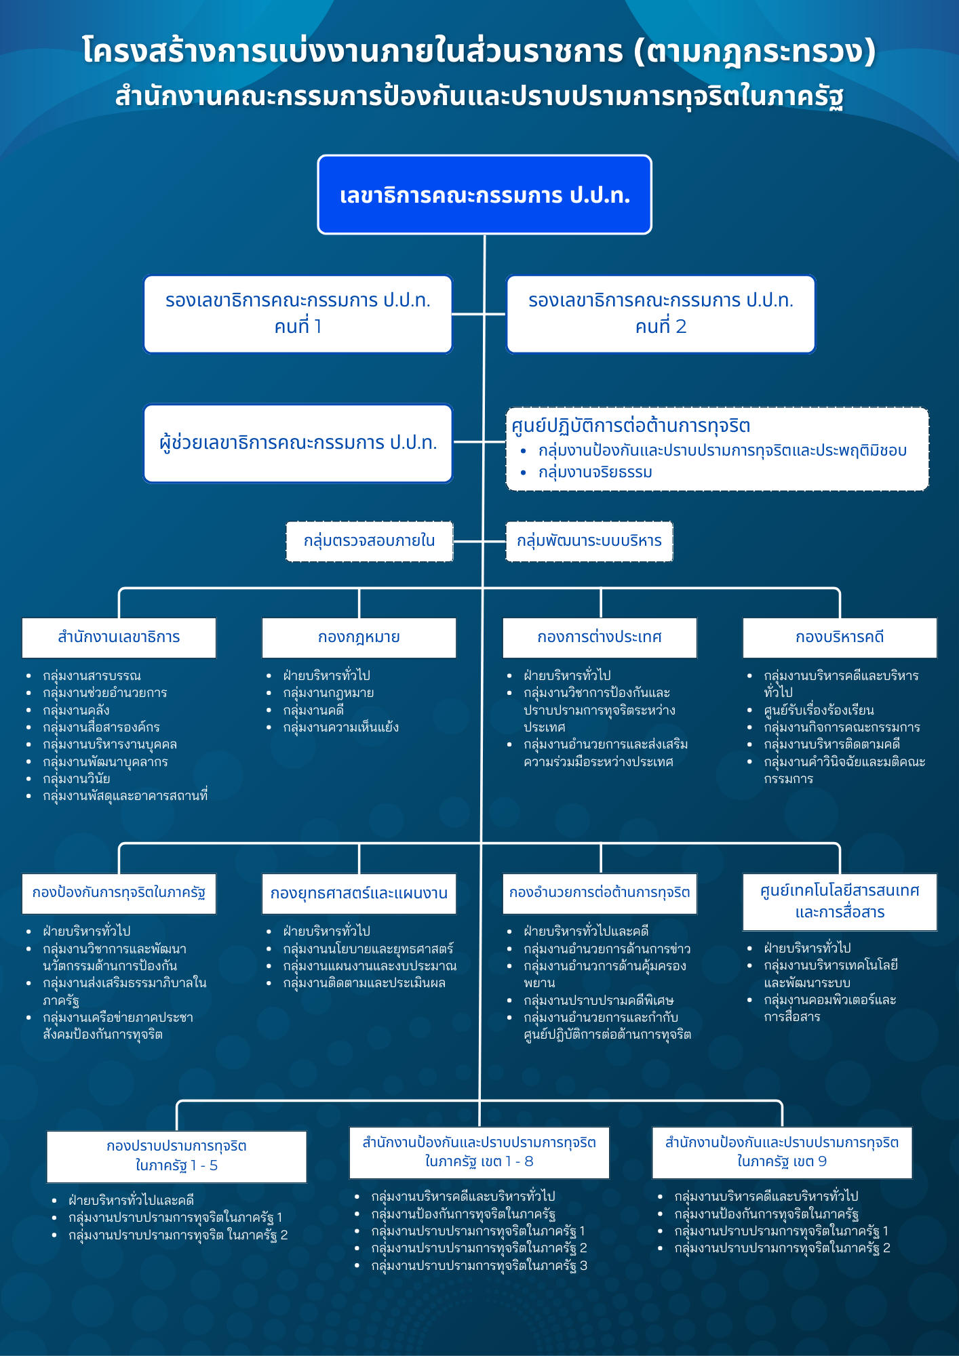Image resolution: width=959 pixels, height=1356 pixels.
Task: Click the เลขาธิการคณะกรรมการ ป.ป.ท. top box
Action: click(484, 195)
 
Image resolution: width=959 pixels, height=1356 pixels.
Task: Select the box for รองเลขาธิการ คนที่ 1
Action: click(298, 314)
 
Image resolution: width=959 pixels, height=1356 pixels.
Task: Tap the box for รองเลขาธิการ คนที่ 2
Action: click(661, 314)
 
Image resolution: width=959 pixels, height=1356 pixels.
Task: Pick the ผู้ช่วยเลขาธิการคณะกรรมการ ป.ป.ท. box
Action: click(298, 443)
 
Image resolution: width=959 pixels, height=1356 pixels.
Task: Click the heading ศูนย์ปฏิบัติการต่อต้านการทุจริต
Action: click(631, 426)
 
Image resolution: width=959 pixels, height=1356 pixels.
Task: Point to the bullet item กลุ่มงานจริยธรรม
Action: click(595, 472)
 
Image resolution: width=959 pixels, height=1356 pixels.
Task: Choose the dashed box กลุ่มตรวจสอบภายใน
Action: click(369, 541)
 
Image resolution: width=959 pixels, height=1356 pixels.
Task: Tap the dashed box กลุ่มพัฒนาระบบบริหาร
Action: click(589, 541)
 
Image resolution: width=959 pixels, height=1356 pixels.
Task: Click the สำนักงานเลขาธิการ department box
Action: click(119, 637)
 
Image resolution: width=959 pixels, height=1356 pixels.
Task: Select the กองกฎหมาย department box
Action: click(359, 637)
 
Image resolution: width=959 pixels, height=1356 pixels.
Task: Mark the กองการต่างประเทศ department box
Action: click(600, 637)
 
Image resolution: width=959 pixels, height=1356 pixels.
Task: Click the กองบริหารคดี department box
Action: click(840, 637)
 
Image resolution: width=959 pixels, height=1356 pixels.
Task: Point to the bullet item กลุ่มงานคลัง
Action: click(76, 710)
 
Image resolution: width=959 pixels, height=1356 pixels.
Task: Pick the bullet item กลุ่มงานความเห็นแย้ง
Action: click(340, 727)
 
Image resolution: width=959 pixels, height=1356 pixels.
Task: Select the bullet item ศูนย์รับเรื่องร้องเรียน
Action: click(819, 710)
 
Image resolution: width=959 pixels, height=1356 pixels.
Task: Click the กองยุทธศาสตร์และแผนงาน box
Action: click(359, 893)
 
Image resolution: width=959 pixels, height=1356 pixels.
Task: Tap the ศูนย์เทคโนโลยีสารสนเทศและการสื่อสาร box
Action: click(840, 901)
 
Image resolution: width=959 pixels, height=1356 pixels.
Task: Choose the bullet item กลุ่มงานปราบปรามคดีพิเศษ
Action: click(598, 1000)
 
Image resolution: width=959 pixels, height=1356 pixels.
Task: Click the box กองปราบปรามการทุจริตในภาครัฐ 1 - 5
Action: click(176, 1156)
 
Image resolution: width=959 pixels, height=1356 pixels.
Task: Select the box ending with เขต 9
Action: click(781, 1152)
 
